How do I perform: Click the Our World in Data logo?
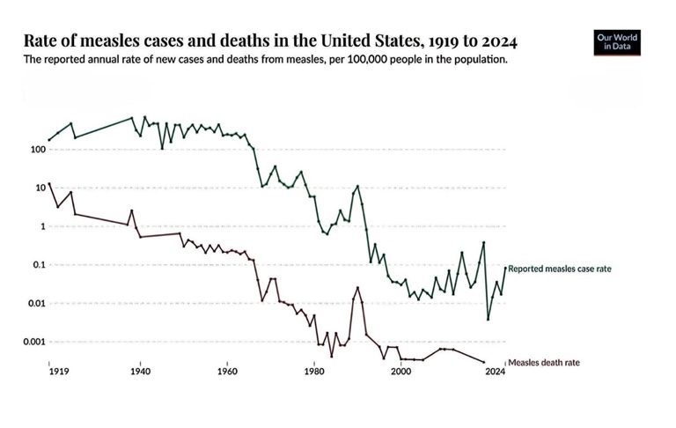click(617, 43)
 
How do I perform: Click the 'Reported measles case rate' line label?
click(559, 268)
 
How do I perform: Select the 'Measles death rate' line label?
click(544, 362)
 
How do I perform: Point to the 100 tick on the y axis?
click(36, 150)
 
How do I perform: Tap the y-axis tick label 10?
click(39, 188)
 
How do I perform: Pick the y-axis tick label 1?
click(41, 226)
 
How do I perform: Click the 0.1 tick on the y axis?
click(38, 265)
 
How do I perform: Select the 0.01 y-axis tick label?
click(35, 304)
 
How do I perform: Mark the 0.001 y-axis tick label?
click(33, 342)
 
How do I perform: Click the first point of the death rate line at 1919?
click(49, 184)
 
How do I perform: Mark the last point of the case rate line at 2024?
click(505, 268)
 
